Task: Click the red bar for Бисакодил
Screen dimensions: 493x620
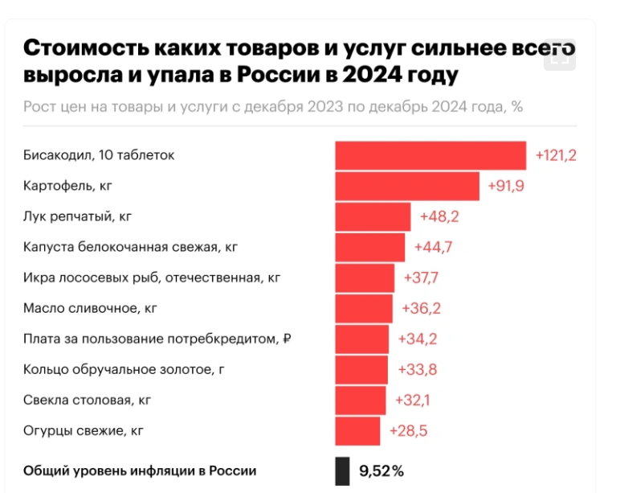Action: click(x=430, y=155)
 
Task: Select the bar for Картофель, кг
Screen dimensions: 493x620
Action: click(x=406, y=186)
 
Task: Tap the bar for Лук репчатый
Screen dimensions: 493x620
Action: click(x=372, y=216)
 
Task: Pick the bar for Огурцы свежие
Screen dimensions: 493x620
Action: click(x=357, y=431)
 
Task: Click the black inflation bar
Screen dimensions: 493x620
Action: click(x=342, y=470)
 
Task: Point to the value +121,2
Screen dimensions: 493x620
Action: click(x=556, y=155)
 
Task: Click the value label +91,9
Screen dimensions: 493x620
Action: click(x=508, y=186)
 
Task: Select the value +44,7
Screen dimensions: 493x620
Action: click(x=433, y=247)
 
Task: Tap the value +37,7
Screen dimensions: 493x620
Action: click(x=419, y=278)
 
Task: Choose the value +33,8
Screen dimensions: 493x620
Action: click(x=418, y=370)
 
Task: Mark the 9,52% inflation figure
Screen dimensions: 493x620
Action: click(x=381, y=470)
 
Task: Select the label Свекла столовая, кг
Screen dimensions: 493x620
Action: click(x=87, y=400)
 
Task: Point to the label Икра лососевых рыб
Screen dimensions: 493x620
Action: click(x=152, y=277)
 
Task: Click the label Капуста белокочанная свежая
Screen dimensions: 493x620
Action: click(x=131, y=247)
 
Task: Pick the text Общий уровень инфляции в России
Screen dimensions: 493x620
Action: click(x=140, y=470)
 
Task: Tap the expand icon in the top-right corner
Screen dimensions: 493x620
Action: click(x=561, y=55)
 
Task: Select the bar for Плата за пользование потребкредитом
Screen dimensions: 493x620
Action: click(x=361, y=339)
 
